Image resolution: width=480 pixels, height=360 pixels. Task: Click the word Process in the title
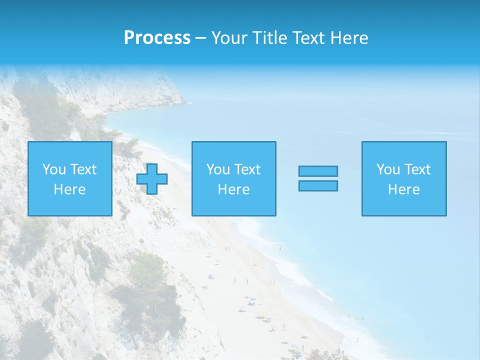(x=157, y=38)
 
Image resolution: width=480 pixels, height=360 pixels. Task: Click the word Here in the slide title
(x=349, y=38)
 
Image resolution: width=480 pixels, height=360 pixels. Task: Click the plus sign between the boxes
(x=152, y=178)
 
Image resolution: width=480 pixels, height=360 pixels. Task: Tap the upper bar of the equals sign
(x=318, y=171)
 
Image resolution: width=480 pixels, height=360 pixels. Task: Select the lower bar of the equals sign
(x=318, y=185)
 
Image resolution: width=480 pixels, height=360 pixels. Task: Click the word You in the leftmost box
(x=54, y=169)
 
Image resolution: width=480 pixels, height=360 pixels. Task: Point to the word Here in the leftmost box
(x=69, y=189)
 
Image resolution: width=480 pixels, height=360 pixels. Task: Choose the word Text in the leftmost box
(x=83, y=169)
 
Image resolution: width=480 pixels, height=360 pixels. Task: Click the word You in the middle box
(x=218, y=169)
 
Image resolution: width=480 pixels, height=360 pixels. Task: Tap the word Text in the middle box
(x=247, y=169)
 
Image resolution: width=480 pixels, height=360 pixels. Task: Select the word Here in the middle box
(x=233, y=189)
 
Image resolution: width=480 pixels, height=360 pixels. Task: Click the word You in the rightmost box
(x=388, y=169)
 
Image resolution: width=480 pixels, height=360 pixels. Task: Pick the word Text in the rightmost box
(x=417, y=169)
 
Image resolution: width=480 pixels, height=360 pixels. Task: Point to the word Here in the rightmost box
(x=403, y=189)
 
